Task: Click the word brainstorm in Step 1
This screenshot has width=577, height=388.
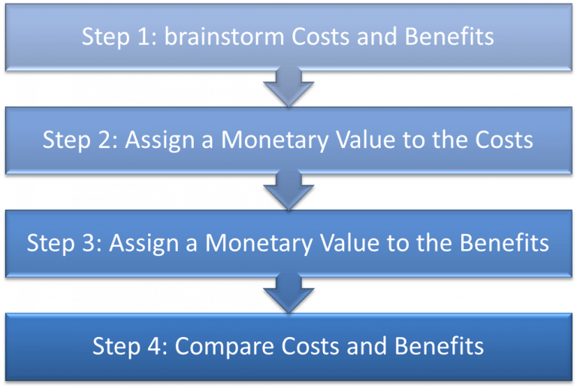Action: tap(224, 36)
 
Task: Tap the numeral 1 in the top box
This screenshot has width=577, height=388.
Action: tap(143, 37)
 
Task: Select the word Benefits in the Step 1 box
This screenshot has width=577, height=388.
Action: tap(449, 36)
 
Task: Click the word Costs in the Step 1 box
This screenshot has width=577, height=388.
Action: tap(320, 37)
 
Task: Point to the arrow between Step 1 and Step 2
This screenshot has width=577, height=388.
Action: tap(288, 87)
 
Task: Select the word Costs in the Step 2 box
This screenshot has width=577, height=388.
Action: tap(504, 140)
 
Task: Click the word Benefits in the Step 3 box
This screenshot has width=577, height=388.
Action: tap(504, 243)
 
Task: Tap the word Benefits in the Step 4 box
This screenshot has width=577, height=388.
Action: tap(439, 346)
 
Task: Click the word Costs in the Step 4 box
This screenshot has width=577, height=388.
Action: tap(310, 347)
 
